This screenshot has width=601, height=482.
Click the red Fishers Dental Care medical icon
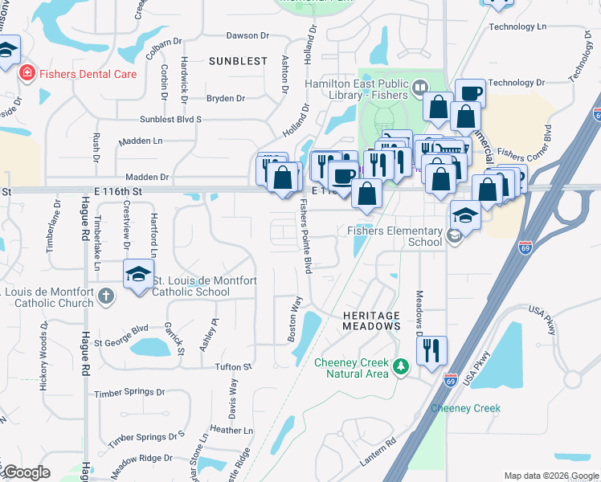(x=27, y=74)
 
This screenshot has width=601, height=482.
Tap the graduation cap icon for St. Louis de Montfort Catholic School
(x=137, y=274)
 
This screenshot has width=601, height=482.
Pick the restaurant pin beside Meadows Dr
(x=431, y=350)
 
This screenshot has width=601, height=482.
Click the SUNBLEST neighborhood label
(x=238, y=61)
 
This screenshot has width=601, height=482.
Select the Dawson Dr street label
(x=247, y=35)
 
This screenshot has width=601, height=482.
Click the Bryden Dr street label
(x=226, y=99)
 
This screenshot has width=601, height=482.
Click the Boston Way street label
(x=295, y=320)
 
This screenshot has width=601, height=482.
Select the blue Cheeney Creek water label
(x=465, y=408)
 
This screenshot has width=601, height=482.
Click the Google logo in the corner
(x=26, y=472)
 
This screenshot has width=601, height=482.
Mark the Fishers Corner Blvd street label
(x=525, y=142)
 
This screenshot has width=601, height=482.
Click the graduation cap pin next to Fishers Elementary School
(x=464, y=214)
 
